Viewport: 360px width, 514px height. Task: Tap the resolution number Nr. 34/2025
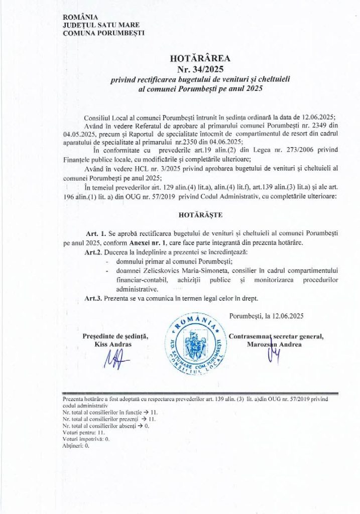pyautogui.click(x=193, y=69)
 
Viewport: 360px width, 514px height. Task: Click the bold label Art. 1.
pyautogui.click(x=95, y=234)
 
